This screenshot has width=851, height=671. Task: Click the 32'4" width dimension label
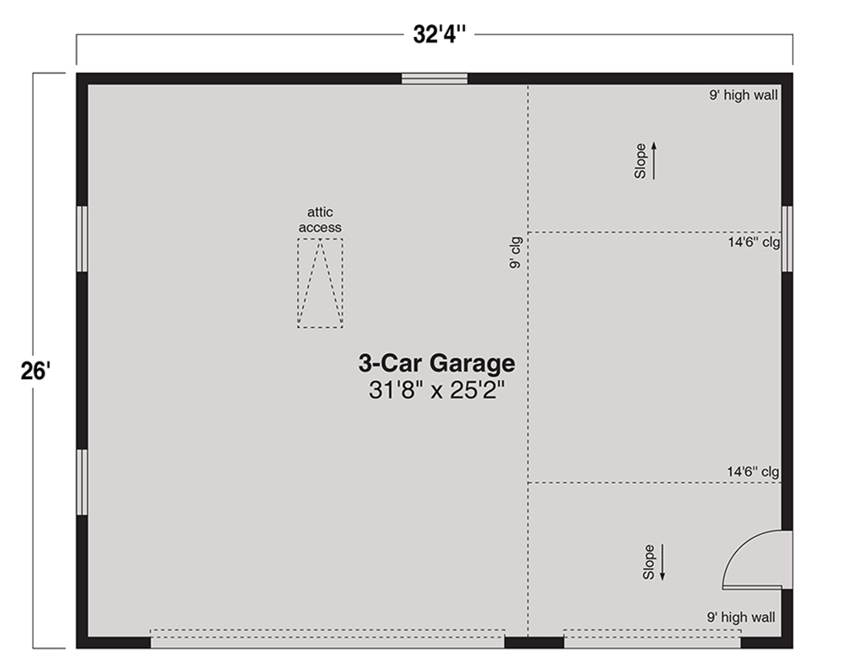coord(439,34)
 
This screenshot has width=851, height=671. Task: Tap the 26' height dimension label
coord(36,372)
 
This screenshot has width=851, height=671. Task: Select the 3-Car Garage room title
coord(436,363)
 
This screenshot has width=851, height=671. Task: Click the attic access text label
coord(321,220)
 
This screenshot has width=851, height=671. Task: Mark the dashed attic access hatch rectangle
coord(321,283)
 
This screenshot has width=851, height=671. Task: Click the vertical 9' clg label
coord(515,252)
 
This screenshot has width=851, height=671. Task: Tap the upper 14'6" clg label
coord(754,242)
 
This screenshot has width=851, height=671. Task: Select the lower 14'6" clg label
coord(754,472)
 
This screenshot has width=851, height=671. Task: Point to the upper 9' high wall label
coord(743,95)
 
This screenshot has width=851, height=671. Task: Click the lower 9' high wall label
coord(741,617)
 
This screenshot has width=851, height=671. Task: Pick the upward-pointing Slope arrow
coord(654,160)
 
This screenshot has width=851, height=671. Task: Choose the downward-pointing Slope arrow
coord(662,563)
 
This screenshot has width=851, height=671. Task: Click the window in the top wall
coord(435,79)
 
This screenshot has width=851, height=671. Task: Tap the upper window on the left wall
coord(82,239)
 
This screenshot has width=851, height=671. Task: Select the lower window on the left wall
coord(82,481)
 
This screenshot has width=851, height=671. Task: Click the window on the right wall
coord(787,239)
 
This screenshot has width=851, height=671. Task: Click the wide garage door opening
coord(327,638)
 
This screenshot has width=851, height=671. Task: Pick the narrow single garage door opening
coord(652,638)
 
